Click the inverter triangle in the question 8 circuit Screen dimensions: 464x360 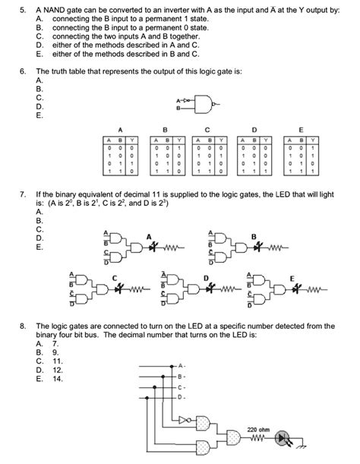(x=178, y=418)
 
